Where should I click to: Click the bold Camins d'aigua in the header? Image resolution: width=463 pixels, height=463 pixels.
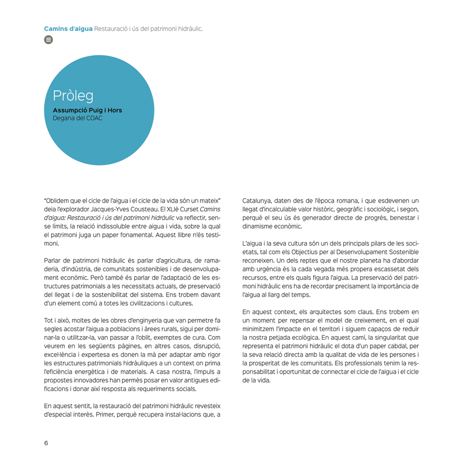(x=68, y=28)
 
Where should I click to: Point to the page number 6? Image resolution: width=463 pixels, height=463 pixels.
(x=46, y=443)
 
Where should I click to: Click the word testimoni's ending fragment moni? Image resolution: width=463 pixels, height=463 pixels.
(x=51, y=244)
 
